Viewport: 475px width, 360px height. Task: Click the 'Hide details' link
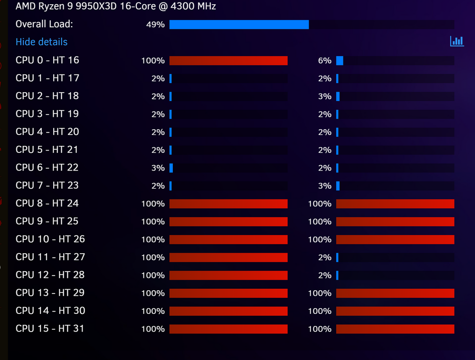point(41,42)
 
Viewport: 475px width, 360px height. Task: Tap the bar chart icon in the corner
point(457,41)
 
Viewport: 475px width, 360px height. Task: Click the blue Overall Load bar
point(239,25)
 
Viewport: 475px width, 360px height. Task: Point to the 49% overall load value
point(155,24)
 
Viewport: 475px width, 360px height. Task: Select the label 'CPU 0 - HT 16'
point(47,60)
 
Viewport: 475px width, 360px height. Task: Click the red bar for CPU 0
point(228,61)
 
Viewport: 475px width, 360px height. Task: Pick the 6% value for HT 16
point(325,61)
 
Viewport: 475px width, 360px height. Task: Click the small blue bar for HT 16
point(340,61)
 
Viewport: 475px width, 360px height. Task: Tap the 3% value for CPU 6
point(158,168)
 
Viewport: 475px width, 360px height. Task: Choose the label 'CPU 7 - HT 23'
point(47,185)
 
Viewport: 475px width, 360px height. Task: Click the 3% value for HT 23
point(325,186)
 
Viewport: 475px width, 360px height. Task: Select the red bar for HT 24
point(395,204)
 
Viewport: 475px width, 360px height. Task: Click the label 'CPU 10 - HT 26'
point(50,239)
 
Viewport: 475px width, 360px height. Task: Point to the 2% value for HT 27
point(325,257)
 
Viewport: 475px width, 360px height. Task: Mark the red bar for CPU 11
point(228,257)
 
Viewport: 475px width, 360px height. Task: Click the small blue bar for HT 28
point(337,275)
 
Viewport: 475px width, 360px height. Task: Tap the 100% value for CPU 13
point(153,293)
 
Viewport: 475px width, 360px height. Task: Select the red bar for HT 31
point(395,329)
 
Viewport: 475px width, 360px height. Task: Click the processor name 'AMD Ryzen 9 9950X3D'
point(66,6)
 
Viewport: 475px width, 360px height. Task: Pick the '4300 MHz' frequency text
point(193,6)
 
